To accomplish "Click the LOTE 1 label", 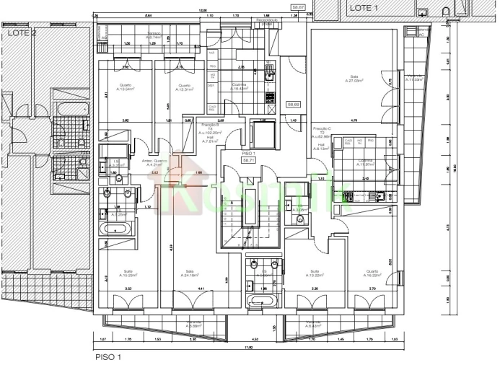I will coord(364,7).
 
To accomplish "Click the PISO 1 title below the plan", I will coord(108,356).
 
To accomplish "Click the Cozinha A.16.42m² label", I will coord(240,87).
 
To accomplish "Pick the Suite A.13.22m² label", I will coord(314,273).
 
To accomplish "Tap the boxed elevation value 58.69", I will coord(294,105).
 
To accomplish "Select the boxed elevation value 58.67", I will coord(297,7).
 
